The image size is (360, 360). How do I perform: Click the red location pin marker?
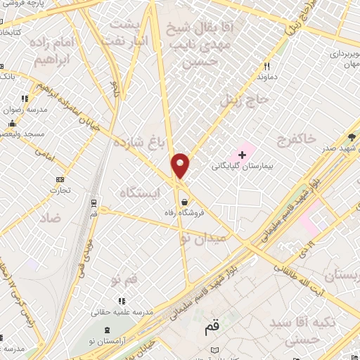click(181, 165)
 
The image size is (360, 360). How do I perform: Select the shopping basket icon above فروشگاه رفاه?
click(184, 201)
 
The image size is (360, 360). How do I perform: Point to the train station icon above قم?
click(94, 202)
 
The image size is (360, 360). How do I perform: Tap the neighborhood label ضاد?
click(50, 219)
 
